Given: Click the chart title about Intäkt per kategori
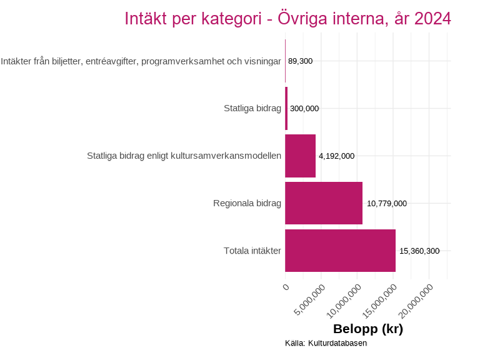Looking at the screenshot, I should coord(287,19).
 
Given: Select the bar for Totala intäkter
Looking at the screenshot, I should coord(340,251).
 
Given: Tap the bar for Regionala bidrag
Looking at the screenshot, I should coord(324,203).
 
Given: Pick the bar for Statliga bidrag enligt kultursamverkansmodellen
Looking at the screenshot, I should coord(300,156).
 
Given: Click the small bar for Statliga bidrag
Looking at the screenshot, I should coord(286,108).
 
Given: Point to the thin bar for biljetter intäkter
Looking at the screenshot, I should coord(285,61).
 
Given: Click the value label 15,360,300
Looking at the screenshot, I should coord(419,251).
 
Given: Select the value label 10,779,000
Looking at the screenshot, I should coord(387,204).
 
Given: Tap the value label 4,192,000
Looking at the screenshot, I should coord(337,156).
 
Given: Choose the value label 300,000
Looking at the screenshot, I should coord(304,109).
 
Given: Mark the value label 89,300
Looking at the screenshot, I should coord(300,61).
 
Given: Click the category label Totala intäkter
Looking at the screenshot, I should coord(252,251).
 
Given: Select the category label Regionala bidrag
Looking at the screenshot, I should coord(247,204).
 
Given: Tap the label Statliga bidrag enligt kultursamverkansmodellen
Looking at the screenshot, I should coord(184,156).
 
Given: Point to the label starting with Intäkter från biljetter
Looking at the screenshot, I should coord(141,61).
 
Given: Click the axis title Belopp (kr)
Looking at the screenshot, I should coord(367,329).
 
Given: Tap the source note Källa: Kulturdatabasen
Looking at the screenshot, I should coord(326,343).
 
